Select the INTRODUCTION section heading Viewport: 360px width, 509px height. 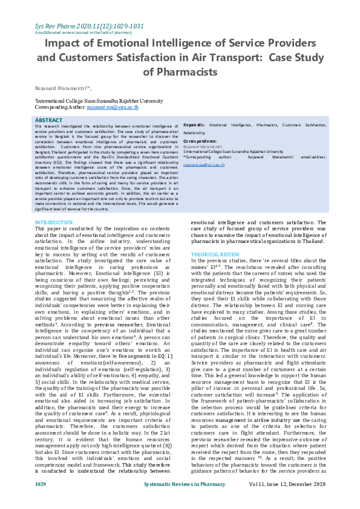pos(54,223)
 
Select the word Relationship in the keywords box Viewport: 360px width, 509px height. pos(194,132)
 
